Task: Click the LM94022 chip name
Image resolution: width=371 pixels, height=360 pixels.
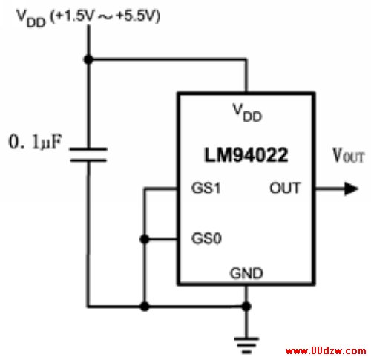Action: (x=246, y=155)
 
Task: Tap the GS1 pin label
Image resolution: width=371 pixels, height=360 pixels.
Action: (x=206, y=188)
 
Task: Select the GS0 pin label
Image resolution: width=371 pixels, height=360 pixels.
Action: (x=206, y=238)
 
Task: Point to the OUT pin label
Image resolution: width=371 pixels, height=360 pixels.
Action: (x=285, y=188)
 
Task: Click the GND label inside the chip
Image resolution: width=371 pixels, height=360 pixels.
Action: (x=246, y=273)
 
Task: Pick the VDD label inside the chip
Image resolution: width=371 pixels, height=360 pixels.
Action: (x=247, y=113)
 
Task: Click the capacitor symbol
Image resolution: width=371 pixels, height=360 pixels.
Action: (x=88, y=154)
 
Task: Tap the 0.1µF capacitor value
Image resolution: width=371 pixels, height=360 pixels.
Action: (x=35, y=142)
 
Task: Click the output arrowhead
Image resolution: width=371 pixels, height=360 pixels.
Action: (x=351, y=189)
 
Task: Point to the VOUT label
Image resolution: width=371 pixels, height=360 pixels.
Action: (x=349, y=156)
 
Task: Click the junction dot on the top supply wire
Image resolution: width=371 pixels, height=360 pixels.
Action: (x=88, y=59)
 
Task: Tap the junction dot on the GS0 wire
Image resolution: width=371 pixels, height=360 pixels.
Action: (x=145, y=239)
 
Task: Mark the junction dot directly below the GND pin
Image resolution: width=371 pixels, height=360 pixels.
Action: (x=246, y=307)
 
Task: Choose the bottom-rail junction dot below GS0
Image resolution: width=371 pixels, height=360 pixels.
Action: (x=145, y=307)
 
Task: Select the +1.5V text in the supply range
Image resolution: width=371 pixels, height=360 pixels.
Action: (x=75, y=16)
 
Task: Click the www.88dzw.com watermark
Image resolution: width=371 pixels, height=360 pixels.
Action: (x=326, y=350)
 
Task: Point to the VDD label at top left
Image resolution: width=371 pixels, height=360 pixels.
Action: (x=31, y=18)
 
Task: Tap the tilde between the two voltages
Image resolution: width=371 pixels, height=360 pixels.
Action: (x=105, y=17)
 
